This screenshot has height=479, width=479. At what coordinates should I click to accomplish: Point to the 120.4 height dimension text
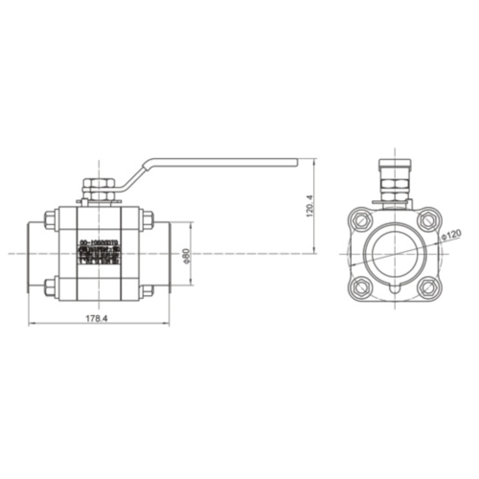click(x=308, y=206)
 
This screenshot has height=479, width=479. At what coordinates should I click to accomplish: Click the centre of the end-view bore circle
click(x=394, y=253)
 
